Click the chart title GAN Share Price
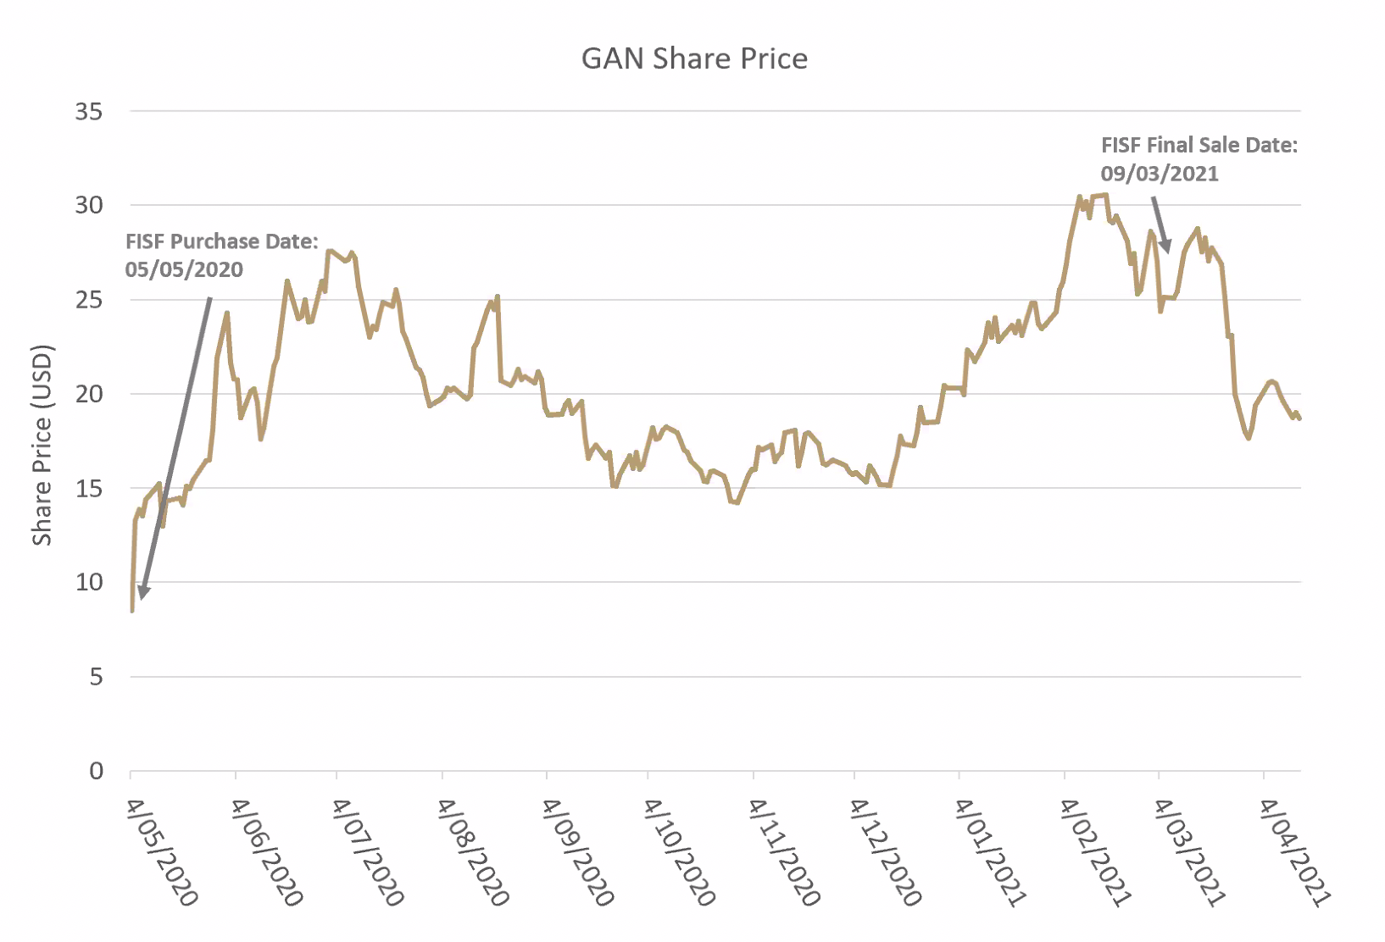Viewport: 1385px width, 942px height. coord(694,58)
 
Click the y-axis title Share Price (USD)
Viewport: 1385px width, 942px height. coord(42,445)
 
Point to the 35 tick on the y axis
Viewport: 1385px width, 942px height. coord(89,112)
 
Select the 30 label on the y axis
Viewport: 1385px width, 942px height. coord(89,205)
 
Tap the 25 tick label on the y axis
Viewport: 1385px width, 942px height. coord(89,300)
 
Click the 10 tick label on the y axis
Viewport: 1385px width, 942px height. coord(89,582)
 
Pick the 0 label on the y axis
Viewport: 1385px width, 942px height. coord(96,771)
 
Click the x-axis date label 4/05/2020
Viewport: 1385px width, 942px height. coord(162,851)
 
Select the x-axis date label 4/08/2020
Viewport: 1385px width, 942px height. coord(473,851)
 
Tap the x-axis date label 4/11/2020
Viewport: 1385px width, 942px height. coord(784,851)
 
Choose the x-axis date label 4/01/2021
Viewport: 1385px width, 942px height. coord(991,851)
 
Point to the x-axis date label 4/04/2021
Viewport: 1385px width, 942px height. coord(1294,851)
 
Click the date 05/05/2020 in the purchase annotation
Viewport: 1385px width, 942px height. coord(184,270)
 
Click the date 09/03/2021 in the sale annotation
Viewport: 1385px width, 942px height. coord(1159,174)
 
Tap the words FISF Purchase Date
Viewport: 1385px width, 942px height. coord(221,241)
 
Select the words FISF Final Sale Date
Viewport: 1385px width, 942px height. coord(1199,145)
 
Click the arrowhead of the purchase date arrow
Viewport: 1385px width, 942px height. coord(143,592)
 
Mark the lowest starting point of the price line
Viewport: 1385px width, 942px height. coord(132,610)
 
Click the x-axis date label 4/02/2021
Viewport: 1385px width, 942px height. coord(1095,851)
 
